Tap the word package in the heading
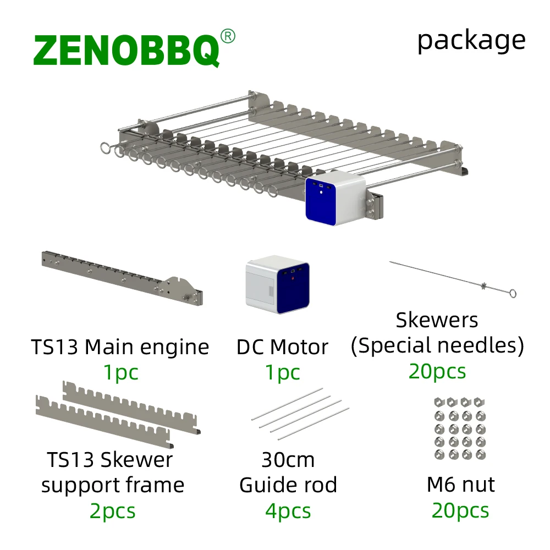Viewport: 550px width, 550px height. click(471, 41)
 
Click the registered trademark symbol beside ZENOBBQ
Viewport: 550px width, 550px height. click(227, 36)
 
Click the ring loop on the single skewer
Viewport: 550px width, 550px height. click(512, 294)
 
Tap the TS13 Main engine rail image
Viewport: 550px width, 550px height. click(122, 278)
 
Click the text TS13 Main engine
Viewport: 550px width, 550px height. click(120, 347)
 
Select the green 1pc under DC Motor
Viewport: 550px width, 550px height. click(283, 372)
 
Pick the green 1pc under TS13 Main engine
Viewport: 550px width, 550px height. click(121, 372)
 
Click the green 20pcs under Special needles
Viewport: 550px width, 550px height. click(437, 371)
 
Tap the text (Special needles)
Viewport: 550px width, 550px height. click(437, 346)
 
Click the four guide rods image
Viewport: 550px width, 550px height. click(300, 414)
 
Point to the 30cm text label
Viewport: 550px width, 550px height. click(288, 460)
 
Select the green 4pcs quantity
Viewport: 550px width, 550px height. click(288, 511)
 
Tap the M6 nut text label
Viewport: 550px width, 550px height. click(460, 485)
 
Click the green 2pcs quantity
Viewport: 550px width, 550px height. click(112, 511)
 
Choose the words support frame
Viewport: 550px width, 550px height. click(113, 485)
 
